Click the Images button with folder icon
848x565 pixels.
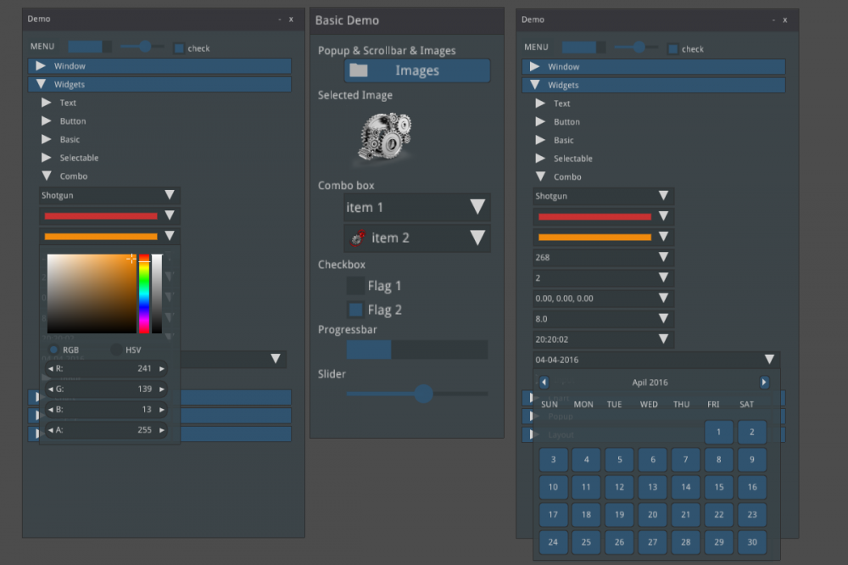416,70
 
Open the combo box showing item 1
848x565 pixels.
416,207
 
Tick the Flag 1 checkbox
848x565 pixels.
356,286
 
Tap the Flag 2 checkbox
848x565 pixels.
356,310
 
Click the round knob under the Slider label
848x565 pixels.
423,393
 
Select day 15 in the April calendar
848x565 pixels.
718,487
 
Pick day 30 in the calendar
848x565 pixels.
751,542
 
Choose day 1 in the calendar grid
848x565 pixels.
718,432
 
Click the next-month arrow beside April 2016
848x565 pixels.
764,383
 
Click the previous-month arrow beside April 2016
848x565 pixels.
544,383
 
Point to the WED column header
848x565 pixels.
649,405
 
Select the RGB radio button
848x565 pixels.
54,350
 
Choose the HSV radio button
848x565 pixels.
116,350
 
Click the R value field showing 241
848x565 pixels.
105,369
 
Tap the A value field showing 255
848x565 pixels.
105,430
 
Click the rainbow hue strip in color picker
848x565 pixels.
144,293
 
